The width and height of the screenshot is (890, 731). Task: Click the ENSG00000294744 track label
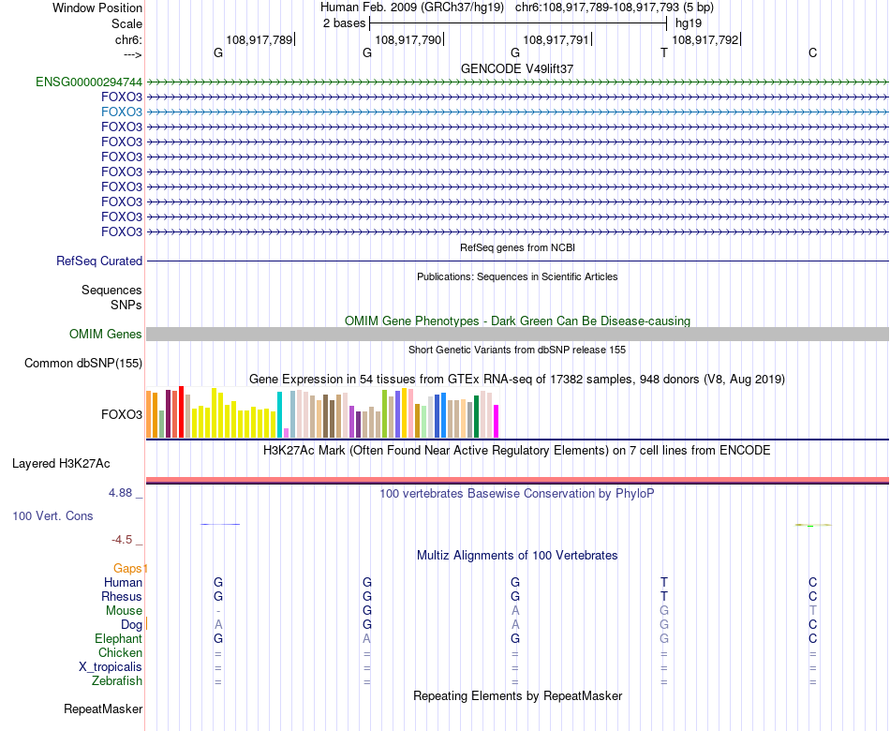click(89, 82)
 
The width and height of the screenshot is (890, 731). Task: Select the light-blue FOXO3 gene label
click(122, 112)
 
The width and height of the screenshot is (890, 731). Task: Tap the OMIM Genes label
click(106, 335)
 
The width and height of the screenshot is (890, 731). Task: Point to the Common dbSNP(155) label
click(83, 364)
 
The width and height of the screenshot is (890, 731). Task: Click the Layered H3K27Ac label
click(61, 463)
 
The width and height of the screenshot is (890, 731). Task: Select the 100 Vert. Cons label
click(52, 516)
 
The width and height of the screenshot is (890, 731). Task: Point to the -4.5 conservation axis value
click(124, 540)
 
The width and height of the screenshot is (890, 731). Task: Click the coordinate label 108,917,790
click(408, 40)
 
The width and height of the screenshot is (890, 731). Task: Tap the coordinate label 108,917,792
click(705, 40)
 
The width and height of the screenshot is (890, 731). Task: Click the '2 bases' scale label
click(344, 22)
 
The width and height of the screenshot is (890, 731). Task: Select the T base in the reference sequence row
click(664, 52)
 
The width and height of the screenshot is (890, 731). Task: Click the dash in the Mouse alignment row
click(218, 611)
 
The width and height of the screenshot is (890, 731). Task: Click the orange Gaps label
click(130, 568)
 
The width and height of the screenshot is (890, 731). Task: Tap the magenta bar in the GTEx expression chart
click(497, 421)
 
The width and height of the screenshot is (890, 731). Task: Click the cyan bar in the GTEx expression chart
click(279, 414)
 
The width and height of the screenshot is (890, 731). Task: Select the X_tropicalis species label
click(111, 667)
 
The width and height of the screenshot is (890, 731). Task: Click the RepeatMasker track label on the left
click(103, 709)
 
